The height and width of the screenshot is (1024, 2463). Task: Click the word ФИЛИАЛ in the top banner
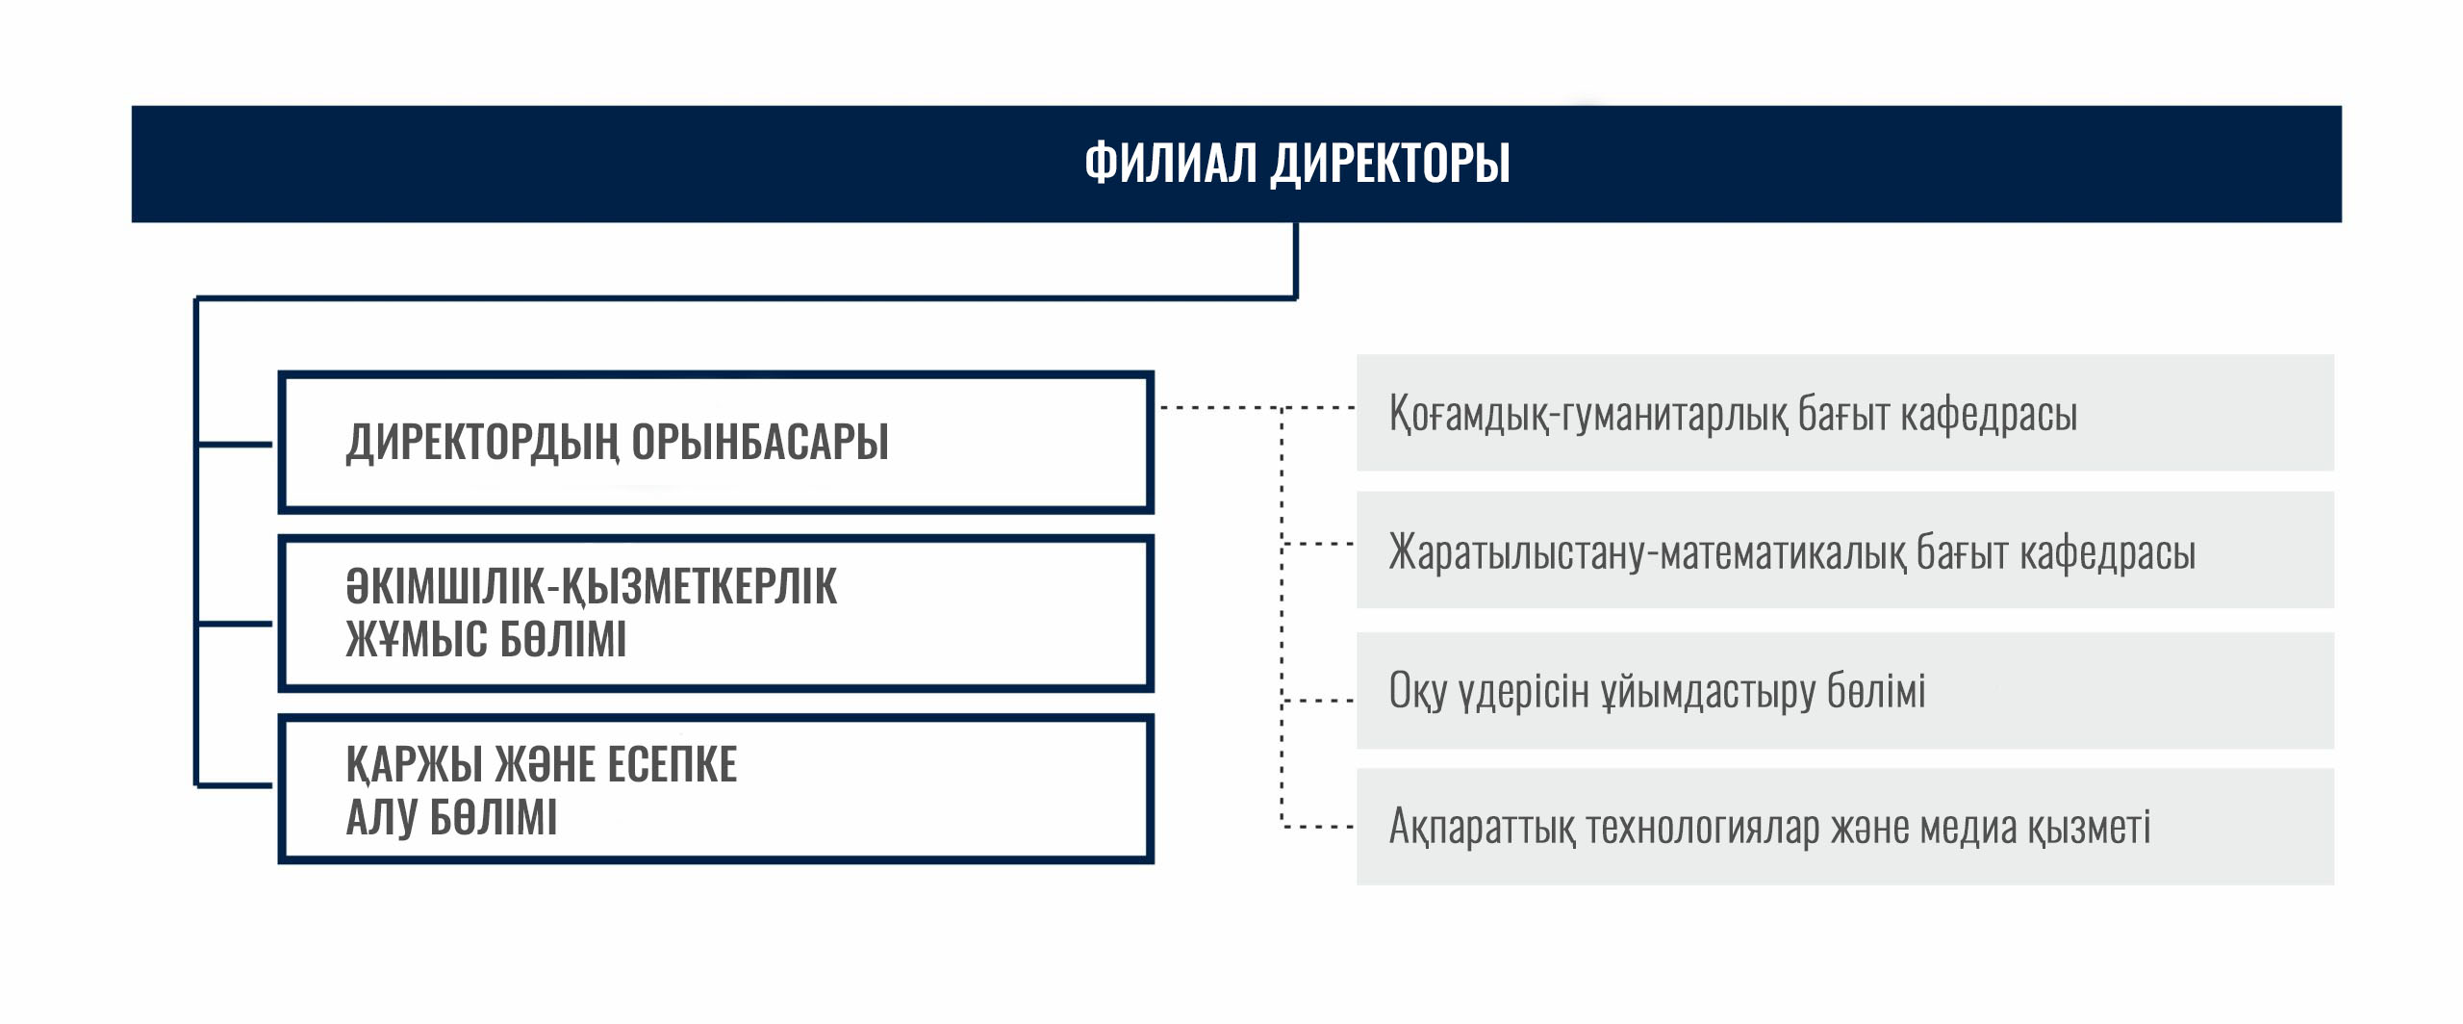tap(1171, 162)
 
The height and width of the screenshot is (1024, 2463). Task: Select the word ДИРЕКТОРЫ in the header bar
tap(1391, 164)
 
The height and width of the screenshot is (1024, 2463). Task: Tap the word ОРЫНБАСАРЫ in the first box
tap(760, 442)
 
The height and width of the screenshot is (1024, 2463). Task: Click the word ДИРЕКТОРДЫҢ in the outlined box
tap(483, 444)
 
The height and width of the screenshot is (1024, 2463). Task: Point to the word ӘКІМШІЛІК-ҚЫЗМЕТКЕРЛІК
tap(592, 587)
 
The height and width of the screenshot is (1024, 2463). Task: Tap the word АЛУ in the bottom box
tap(382, 818)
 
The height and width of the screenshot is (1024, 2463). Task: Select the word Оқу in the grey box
tap(1418, 692)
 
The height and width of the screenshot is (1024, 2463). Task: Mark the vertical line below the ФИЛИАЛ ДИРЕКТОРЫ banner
tap(1296, 261)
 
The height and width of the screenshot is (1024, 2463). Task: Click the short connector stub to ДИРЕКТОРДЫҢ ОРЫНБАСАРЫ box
tap(235, 445)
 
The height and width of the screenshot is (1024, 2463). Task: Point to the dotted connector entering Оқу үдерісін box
tap(1318, 701)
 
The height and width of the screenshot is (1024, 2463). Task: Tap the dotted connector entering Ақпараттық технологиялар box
tap(1318, 827)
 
